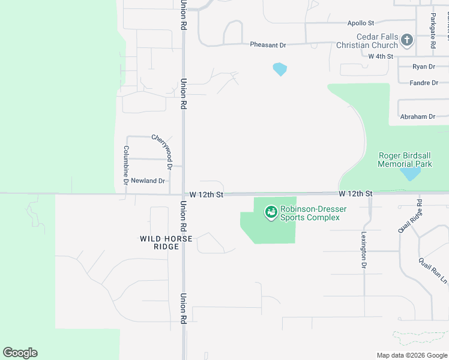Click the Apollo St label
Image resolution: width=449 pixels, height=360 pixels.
pyautogui.click(x=361, y=23)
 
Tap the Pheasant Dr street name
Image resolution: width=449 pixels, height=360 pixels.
pyautogui.click(x=268, y=45)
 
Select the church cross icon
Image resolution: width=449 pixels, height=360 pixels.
pyautogui.click(x=407, y=41)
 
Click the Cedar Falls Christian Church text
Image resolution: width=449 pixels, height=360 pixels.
pyautogui.click(x=367, y=41)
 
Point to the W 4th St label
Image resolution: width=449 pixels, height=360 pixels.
pyautogui.click(x=381, y=56)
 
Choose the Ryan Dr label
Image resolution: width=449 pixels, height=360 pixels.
pyautogui.click(x=424, y=67)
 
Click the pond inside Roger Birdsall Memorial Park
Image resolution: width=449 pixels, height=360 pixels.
pyautogui.click(x=411, y=173)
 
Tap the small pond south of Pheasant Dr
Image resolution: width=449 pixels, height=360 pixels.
pyautogui.click(x=280, y=69)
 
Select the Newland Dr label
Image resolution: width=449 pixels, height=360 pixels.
pyautogui.click(x=148, y=181)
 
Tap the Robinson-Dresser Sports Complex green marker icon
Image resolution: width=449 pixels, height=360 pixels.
pyautogui.click(x=271, y=212)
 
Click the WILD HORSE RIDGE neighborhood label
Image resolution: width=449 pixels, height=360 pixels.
pyautogui.click(x=166, y=242)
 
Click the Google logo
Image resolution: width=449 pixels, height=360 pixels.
pyautogui.click(x=20, y=353)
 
